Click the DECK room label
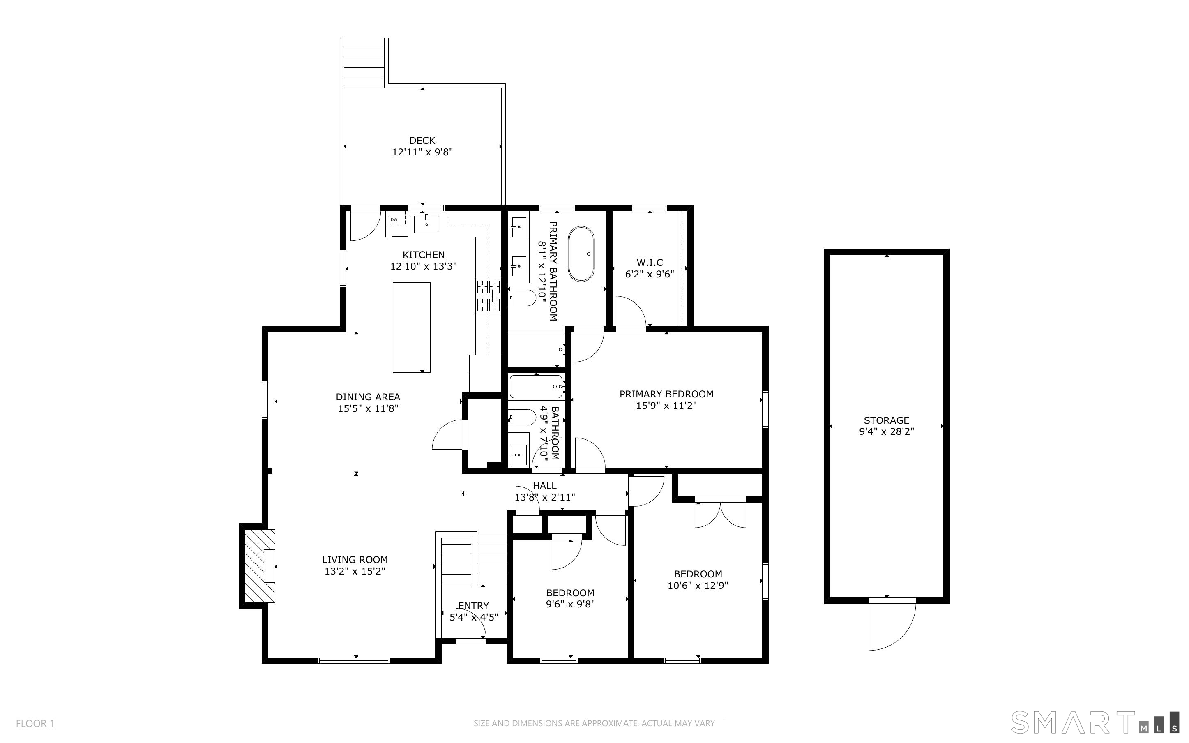(422, 141)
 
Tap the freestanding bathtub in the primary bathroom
(581, 254)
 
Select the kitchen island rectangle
(412, 327)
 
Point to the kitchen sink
(426, 224)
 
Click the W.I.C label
(649, 263)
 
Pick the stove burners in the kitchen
(488, 296)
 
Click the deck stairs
(364, 62)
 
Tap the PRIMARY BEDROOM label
(666, 394)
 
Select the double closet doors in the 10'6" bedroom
(720, 512)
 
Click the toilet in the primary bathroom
(522, 297)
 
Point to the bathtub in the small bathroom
(536, 386)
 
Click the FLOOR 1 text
(35, 723)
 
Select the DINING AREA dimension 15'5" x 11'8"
(367, 408)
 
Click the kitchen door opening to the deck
(364, 224)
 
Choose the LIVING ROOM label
(355, 559)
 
